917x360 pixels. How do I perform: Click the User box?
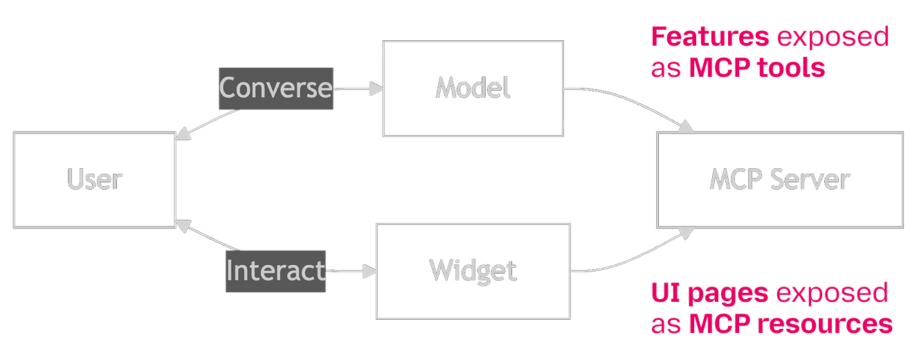click(x=94, y=180)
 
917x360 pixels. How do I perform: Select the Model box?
click(x=473, y=89)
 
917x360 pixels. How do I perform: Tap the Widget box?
click(x=473, y=271)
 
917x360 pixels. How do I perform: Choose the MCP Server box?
click(x=780, y=180)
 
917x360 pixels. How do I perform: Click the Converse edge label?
click(x=276, y=89)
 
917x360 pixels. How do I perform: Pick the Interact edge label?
click(x=275, y=271)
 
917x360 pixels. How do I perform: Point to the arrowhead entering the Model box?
click(x=376, y=89)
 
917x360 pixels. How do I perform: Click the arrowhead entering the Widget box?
click(x=370, y=271)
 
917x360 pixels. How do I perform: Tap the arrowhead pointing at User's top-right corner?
click(x=182, y=136)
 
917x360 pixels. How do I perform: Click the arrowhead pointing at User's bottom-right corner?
click(x=182, y=224)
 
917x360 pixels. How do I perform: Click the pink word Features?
click(x=710, y=37)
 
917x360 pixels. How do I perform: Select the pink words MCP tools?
click(x=757, y=68)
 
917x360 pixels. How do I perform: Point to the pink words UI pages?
click(x=709, y=294)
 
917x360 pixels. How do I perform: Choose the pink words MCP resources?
click(x=790, y=324)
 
